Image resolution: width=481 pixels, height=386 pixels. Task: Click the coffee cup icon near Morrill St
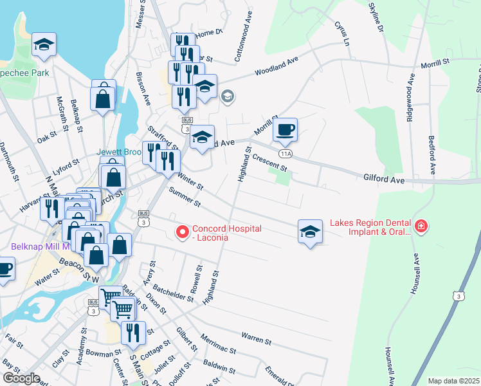pyautogui.click(x=285, y=129)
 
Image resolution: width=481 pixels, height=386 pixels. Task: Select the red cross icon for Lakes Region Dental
pyautogui.click(x=421, y=226)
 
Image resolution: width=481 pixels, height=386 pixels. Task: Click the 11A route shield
pyautogui.click(x=286, y=154)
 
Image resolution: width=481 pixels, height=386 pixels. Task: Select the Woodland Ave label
pyautogui.click(x=277, y=66)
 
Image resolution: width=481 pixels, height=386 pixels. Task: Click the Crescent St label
pyautogui.click(x=269, y=161)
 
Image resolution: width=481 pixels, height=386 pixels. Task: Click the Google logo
pyautogui.click(x=21, y=378)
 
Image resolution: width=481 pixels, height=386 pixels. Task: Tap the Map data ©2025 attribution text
pyautogui.click(x=453, y=381)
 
